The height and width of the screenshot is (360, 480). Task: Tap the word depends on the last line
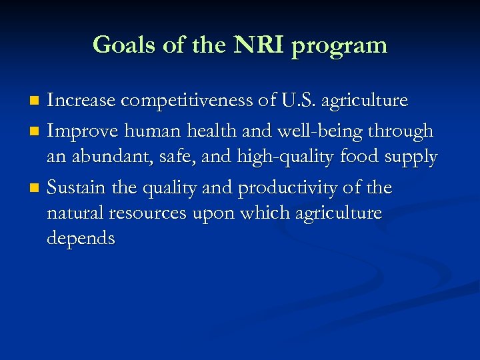click(81, 239)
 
